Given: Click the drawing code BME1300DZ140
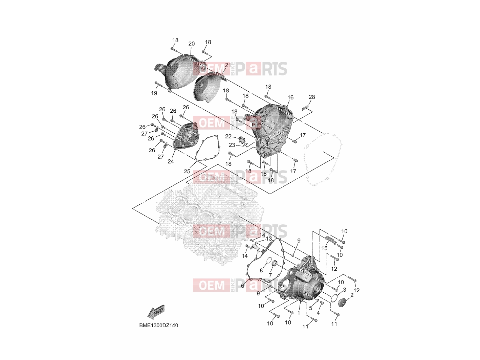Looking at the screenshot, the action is [x=158, y=325].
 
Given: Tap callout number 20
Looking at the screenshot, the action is [x=191, y=44].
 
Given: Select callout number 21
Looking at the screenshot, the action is [x=228, y=65].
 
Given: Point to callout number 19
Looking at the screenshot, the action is [x=154, y=93].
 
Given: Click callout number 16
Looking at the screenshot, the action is [x=290, y=97].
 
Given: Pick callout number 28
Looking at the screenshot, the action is [x=312, y=97].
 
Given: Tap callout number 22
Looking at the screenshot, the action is [x=228, y=136].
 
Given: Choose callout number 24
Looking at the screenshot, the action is [x=171, y=161].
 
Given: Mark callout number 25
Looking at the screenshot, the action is [x=187, y=171].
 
